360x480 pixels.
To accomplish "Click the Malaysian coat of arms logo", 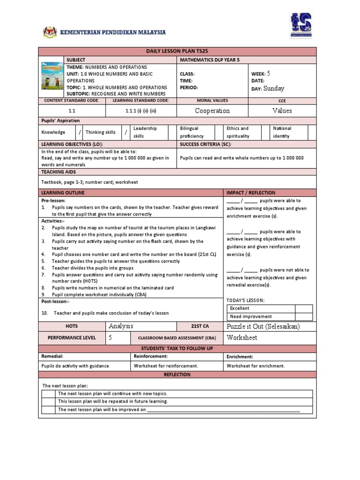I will point(47,32).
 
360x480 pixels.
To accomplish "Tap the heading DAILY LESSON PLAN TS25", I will point(177,52).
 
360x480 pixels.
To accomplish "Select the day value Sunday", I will point(274,88).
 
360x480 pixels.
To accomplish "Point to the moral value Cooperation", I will point(212,111).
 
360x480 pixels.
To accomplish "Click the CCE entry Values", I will point(282,111).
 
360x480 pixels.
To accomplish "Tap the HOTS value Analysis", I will point(121,326).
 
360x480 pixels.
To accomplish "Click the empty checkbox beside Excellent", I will point(304,308).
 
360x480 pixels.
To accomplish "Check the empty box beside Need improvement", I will point(304,316).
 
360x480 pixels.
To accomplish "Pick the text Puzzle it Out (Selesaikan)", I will point(263,326).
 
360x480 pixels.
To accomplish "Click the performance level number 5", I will point(111,337).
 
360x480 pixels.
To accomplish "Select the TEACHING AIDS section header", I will point(55,172).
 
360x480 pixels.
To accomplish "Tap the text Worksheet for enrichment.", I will point(256,366).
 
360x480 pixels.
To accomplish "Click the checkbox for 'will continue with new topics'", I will point(48,394).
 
